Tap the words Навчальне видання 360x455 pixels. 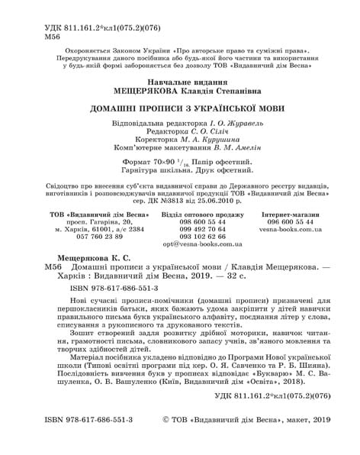point(179,80)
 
